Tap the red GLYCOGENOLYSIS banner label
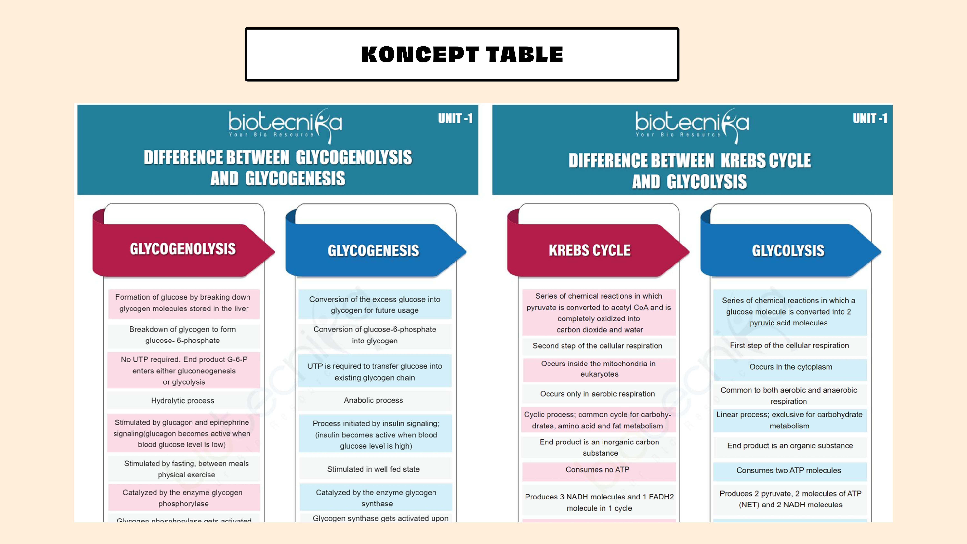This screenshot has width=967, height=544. pos(183,249)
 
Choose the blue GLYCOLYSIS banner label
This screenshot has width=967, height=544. pos(788,250)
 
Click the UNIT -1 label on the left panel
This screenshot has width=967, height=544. pos(455,119)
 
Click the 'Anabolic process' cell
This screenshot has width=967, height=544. pos(374,400)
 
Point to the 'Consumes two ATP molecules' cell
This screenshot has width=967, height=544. pos(789,470)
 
